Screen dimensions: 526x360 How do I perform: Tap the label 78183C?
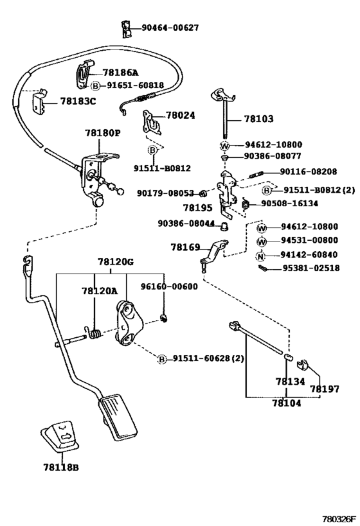78,101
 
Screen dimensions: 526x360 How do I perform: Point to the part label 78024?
179,116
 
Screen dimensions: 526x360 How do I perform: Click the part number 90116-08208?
309,171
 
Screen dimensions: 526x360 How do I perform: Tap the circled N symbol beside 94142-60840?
261,256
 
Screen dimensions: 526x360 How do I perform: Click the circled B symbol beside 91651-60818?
94,85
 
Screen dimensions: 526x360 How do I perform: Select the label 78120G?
116,262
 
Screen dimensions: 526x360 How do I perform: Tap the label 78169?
184,247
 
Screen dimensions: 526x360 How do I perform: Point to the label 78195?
196,207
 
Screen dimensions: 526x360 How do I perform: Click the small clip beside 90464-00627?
126,28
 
